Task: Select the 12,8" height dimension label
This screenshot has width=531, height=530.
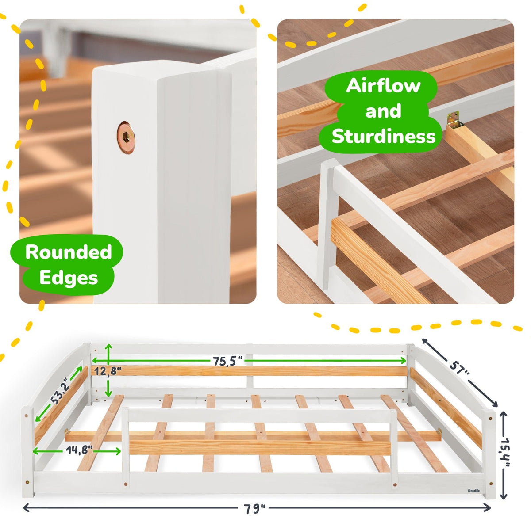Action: click(108, 371)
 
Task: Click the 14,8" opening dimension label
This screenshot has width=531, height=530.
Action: click(79, 450)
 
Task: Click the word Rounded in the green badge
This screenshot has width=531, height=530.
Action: click(69, 252)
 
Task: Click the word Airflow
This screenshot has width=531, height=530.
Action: click(383, 86)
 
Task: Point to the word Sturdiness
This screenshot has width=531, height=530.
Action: click(383, 136)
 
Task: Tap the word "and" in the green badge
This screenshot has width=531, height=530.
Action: click(383, 111)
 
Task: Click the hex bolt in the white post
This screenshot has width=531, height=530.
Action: click(126, 137)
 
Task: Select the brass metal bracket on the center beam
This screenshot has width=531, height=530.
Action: click(454, 120)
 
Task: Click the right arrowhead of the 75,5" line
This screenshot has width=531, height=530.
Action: click(404, 361)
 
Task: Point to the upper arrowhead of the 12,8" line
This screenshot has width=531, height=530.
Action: click(109, 347)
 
